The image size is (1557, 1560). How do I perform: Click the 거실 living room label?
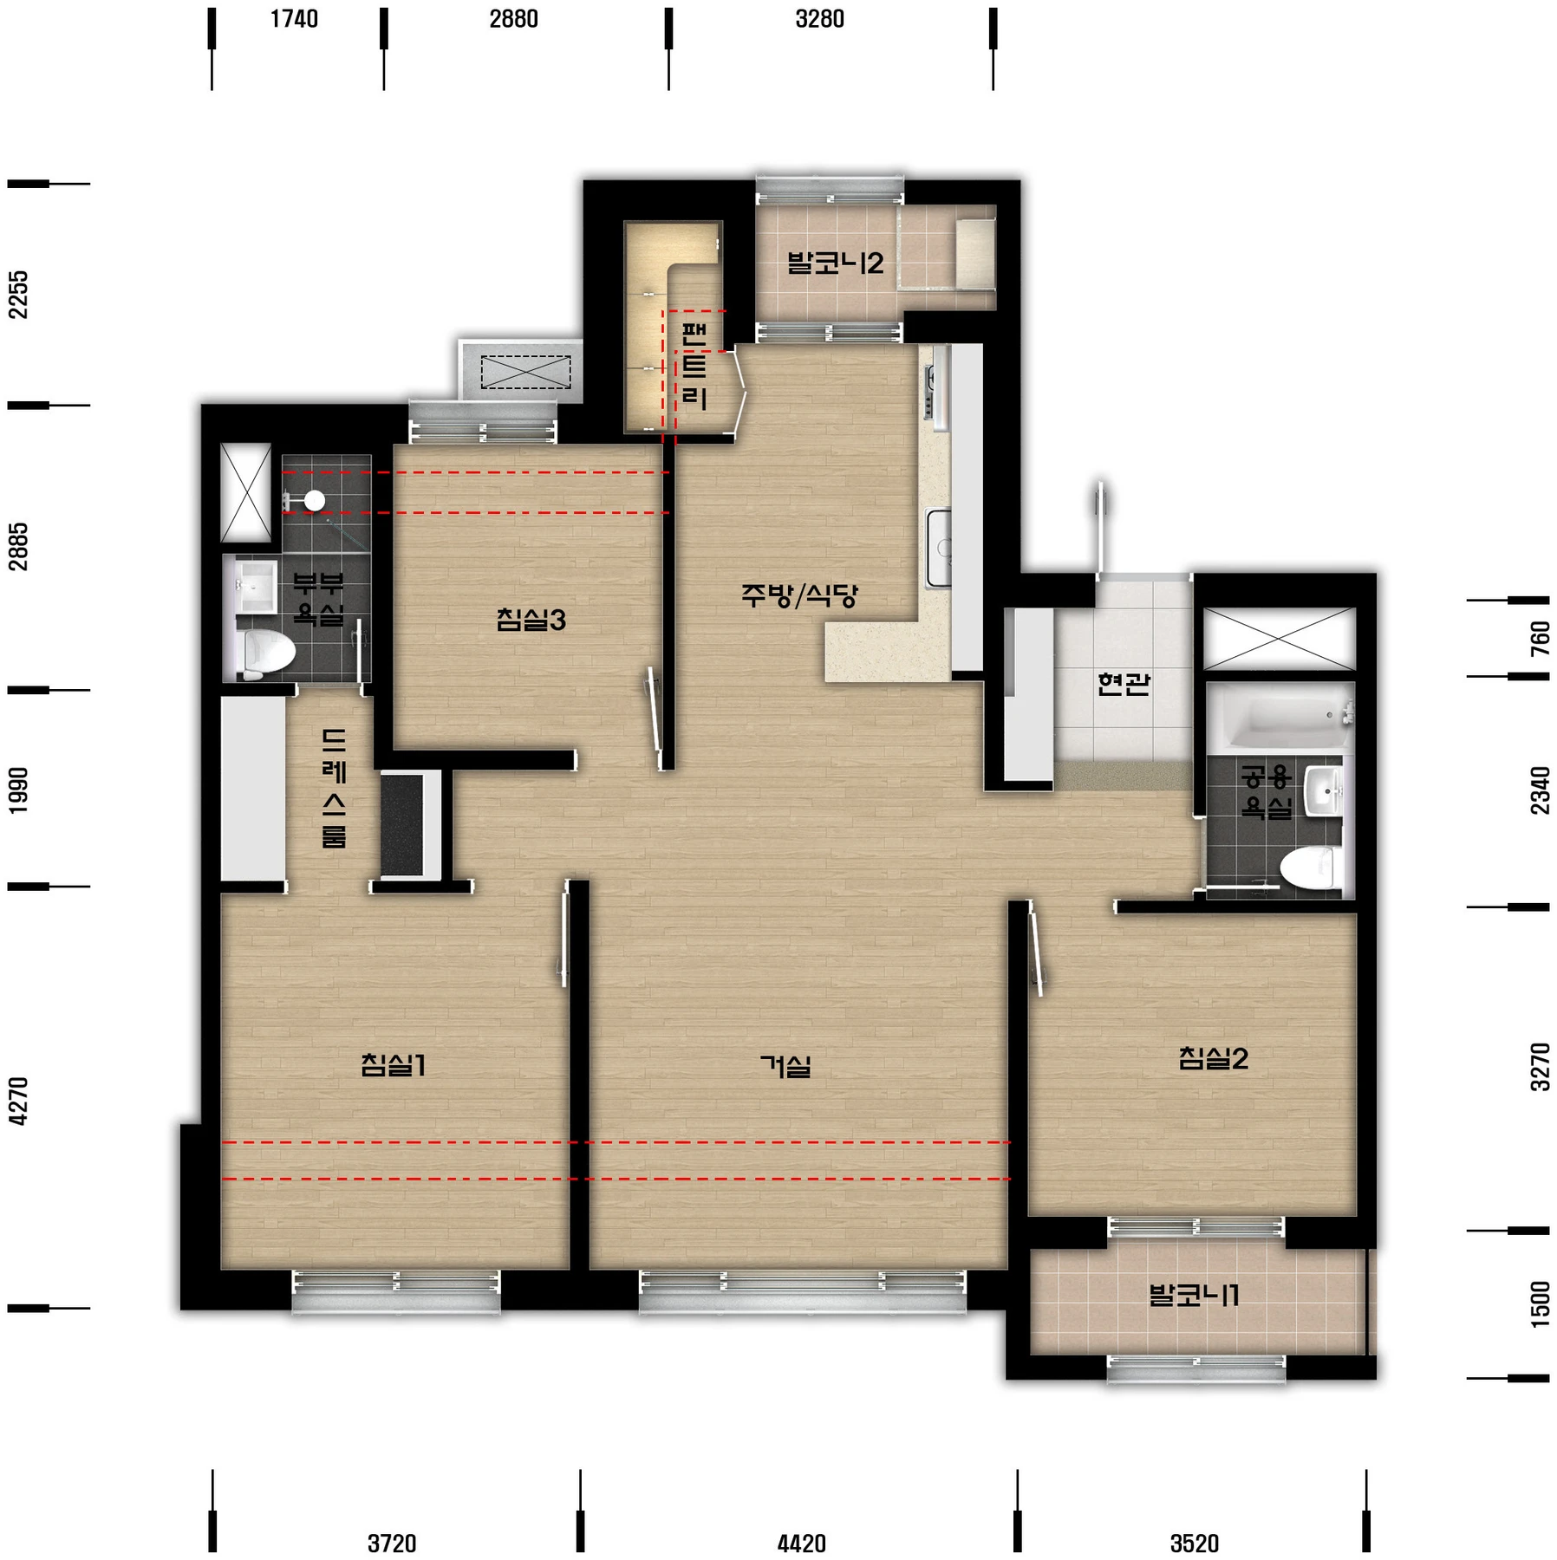pos(785,1066)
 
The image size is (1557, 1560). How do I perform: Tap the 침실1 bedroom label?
pos(394,1064)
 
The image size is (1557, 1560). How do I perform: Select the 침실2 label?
pos(1213,1058)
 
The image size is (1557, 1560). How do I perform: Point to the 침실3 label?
pos(531,620)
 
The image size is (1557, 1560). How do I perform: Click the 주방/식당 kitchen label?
pos(798,595)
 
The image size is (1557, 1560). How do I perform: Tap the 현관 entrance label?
pos(1124,684)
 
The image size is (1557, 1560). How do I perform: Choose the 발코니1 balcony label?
pos(1194,1296)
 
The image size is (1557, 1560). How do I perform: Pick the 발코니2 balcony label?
pos(835,263)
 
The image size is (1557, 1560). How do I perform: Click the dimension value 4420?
pos(801,1544)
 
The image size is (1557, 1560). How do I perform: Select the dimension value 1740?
pos(294,19)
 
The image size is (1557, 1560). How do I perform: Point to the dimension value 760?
pos(1540,639)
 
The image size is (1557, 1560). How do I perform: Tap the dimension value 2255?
pos(18,295)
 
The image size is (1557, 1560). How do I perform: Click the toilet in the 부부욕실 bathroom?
pos(265,654)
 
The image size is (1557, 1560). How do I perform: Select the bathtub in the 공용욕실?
pos(1280,716)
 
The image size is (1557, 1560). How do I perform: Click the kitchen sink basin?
pos(939,548)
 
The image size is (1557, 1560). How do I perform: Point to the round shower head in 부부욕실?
pos(314,500)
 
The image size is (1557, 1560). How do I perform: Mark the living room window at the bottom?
pos(802,1290)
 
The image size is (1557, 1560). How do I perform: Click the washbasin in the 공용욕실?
pos(1326,790)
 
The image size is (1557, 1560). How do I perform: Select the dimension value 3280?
pos(819,19)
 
